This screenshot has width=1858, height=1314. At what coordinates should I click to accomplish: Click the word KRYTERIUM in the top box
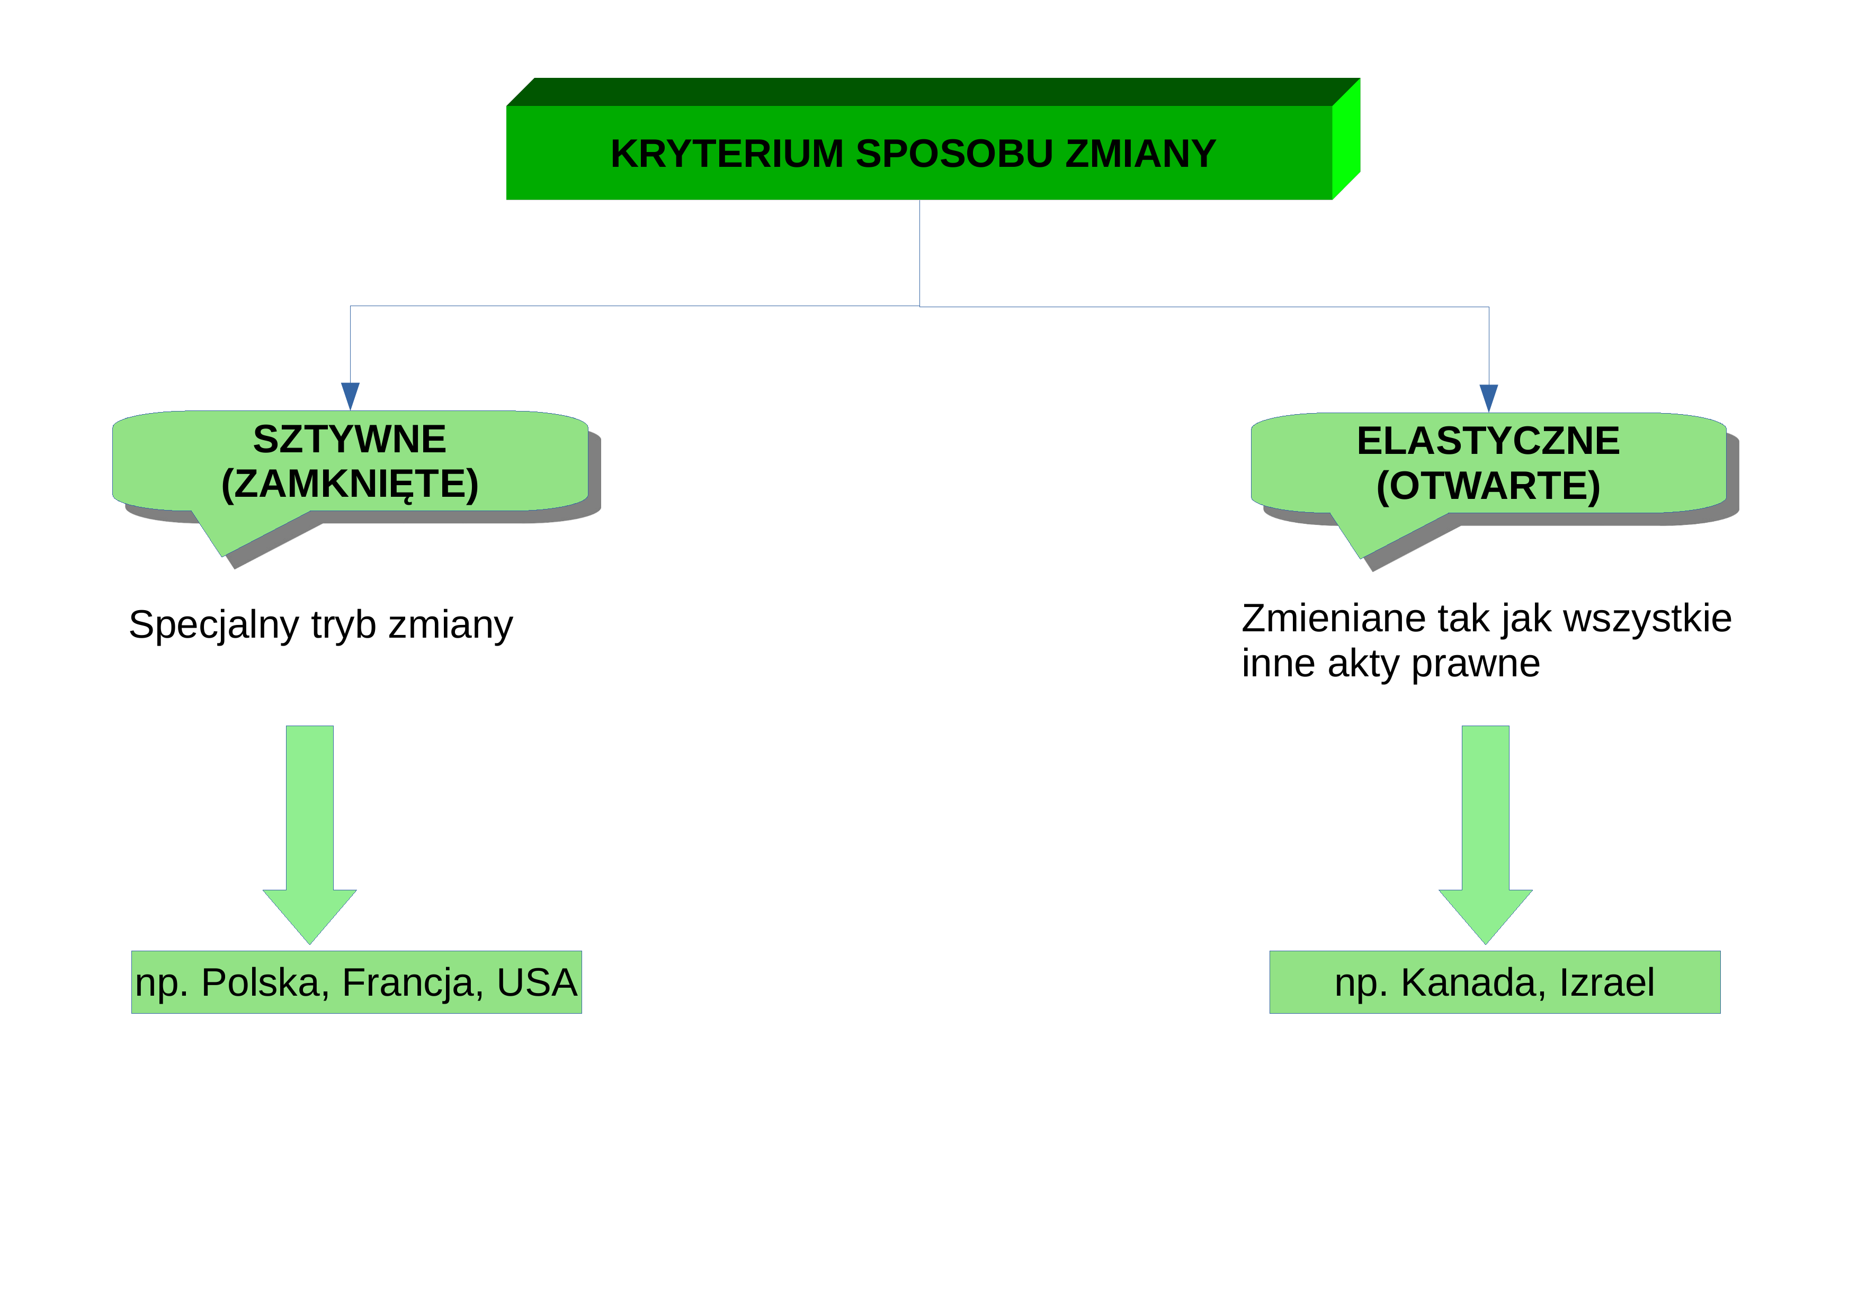point(727,154)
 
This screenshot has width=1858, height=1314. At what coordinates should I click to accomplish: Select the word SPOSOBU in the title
point(954,154)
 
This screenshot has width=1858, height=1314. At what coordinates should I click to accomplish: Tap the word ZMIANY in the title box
point(1140,154)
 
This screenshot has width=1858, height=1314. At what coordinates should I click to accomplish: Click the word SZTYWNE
point(350,440)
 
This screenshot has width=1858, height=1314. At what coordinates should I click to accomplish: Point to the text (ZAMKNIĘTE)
point(350,485)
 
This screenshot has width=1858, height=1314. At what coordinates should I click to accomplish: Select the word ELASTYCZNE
point(1488,441)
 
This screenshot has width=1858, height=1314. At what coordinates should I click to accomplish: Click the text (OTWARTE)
point(1488,486)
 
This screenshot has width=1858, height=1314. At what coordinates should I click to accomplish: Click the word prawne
point(1475,664)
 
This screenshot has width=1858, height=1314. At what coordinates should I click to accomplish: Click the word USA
point(537,982)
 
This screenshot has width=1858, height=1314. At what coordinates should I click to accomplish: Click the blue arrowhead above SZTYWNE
point(351,397)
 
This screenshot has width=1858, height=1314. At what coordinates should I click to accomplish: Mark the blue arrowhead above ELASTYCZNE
point(1489,398)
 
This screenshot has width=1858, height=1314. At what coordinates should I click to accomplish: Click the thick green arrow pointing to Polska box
point(310,835)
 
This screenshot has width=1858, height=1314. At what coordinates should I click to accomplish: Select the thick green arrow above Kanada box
point(1486,835)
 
